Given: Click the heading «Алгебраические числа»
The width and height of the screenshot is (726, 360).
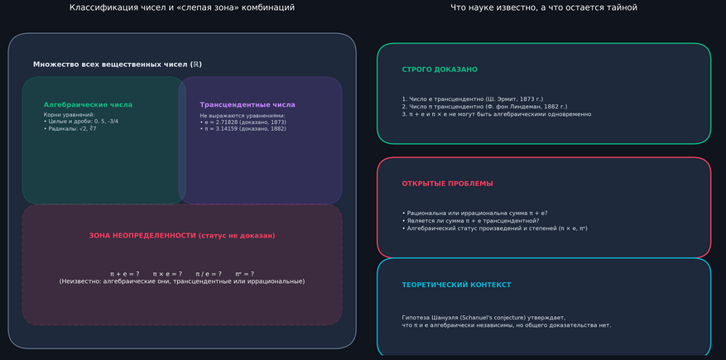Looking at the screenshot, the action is pos(88,105).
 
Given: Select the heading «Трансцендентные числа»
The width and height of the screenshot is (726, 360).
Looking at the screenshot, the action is pos(248,105).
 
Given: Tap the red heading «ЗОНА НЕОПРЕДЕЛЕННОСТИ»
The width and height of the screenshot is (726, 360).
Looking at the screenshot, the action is pos(142,236).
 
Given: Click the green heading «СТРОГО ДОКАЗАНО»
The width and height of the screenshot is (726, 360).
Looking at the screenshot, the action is pos(440,70).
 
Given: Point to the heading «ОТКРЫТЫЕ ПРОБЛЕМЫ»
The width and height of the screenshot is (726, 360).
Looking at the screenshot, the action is pos(447,184).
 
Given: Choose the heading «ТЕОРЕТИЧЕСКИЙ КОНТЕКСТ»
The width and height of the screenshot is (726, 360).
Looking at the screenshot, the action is pos(456,285).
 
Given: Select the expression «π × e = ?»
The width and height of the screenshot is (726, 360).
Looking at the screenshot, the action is pos(167,274).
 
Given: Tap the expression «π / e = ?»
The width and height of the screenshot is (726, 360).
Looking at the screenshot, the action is pos(209,274).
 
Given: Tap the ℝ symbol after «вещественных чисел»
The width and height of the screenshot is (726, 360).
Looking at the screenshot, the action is pos(196,65).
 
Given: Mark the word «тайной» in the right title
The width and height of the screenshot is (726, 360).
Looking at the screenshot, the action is pos(623,8).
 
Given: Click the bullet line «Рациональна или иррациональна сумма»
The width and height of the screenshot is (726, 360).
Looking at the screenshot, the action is pos(474,214).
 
